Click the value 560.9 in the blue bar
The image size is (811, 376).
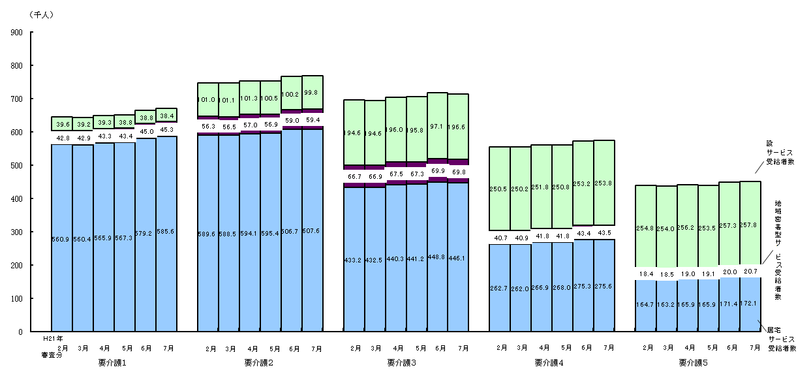coord(61,239)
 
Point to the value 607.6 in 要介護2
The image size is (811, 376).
coord(313,231)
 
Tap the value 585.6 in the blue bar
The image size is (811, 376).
coord(166,231)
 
